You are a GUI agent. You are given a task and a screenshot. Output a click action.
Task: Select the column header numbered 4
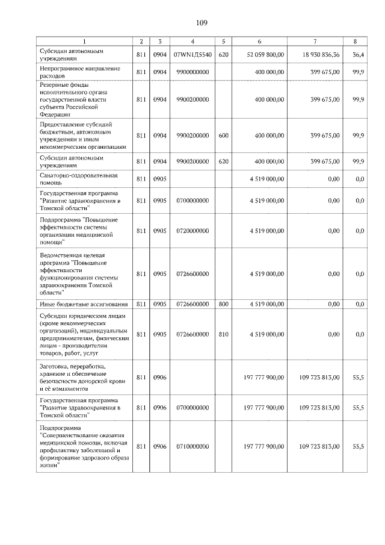pos(192,42)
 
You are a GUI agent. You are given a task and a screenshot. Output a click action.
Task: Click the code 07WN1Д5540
pos(192,55)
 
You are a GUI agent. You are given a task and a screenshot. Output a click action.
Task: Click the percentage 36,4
pos(357,55)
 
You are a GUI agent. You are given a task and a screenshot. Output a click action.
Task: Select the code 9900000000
pos(192,72)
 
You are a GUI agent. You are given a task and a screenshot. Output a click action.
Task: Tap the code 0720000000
pos(192,231)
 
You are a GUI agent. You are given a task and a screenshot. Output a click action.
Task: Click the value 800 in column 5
pos(223,305)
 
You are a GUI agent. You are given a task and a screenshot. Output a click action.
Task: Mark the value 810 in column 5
pos(223,334)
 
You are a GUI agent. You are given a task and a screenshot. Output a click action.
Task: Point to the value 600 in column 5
pos(223,135)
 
